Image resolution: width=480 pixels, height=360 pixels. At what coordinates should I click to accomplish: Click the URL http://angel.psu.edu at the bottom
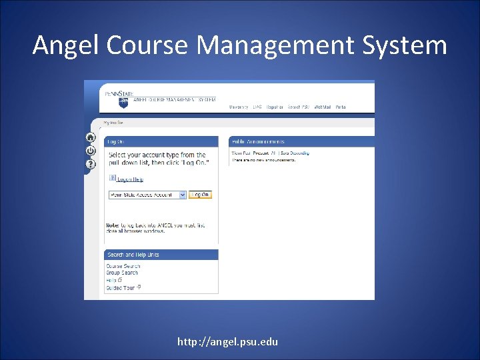(227, 342)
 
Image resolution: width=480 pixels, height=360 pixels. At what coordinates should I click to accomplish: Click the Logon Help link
(129, 179)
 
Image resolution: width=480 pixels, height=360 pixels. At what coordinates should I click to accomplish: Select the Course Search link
(123, 266)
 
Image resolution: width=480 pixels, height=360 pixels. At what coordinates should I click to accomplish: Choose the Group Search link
(122, 273)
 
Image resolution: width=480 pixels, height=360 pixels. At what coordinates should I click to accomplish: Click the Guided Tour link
(121, 287)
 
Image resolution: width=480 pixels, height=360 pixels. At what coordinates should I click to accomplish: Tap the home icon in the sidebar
(91, 138)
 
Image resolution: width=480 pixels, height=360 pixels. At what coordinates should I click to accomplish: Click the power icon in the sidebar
(91, 151)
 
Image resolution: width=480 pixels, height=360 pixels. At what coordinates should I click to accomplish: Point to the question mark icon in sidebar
(91, 164)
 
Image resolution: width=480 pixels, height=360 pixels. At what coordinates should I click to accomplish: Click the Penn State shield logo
(123, 103)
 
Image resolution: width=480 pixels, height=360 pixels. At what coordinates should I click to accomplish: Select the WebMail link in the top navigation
(323, 107)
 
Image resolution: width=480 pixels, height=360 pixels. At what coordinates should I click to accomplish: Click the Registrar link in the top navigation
(275, 107)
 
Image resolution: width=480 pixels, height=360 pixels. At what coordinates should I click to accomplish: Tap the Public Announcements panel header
(258, 141)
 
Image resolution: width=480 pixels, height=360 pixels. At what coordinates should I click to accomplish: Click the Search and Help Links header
(133, 255)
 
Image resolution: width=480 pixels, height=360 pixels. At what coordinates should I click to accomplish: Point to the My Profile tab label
(113, 123)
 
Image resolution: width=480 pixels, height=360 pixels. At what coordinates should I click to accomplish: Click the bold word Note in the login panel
(112, 225)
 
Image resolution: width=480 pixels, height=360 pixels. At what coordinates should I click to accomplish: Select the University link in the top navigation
(238, 107)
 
